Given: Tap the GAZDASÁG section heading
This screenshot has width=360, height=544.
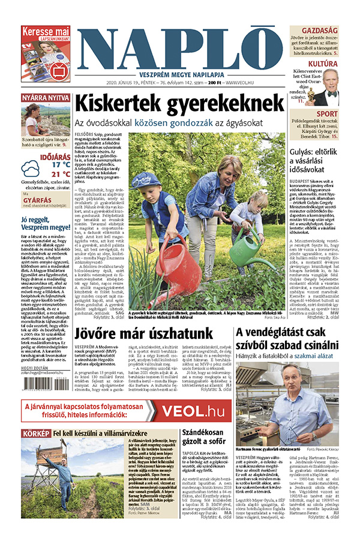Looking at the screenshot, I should pyautogui.click(x=319, y=30).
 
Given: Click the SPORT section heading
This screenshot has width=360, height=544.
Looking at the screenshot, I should pyautogui.click(x=327, y=114).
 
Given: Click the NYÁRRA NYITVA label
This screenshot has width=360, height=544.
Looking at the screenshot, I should pyautogui.click(x=46, y=98).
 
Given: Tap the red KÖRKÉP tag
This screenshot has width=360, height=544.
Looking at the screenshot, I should pyautogui.click(x=35, y=432).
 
